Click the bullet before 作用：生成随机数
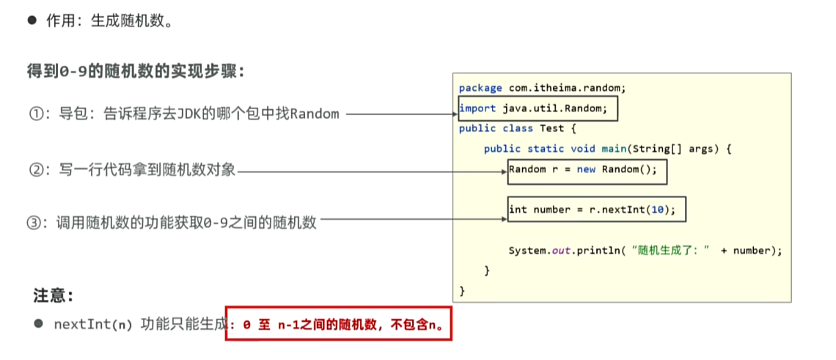click(x=32, y=21)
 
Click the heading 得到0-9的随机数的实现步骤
click(x=136, y=72)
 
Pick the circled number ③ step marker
click(x=34, y=223)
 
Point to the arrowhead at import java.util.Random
click(x=455, y=114)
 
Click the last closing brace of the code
click(x=462, y=291)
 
